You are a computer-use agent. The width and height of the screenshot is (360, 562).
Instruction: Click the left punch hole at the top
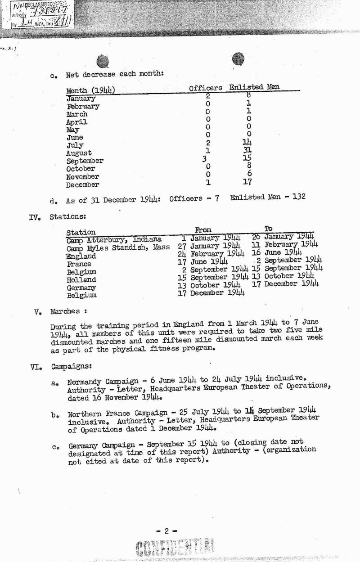coord(102,61)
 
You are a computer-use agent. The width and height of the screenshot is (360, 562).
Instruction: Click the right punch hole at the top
coord(238,59)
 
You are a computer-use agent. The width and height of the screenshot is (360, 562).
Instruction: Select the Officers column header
coord(205,88)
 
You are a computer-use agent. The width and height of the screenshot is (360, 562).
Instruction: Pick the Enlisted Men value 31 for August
coord(247,151)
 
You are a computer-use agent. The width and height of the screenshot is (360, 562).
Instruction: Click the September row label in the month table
coord(85,161)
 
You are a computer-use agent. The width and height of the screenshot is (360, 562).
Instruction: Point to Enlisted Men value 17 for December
coord(247,182)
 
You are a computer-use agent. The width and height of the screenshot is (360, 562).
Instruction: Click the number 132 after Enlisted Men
coord(297,196)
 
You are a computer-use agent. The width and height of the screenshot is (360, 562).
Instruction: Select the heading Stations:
coord(67,216)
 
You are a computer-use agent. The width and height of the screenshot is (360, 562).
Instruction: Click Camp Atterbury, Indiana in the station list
coord(114,240)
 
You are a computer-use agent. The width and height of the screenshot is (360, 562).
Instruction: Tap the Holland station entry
coord(81,280)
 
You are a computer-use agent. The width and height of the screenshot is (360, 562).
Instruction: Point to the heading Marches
coord(65,311)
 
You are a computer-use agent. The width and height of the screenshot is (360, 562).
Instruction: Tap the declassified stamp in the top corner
coord(40,14)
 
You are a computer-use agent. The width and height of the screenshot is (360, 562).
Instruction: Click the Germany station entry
coord(81,288)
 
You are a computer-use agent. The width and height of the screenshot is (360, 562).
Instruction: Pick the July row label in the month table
coord(75,145)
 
